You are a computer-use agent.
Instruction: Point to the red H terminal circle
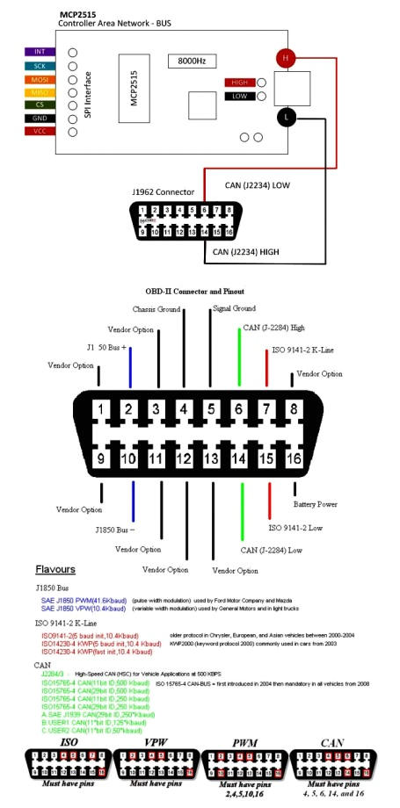click(x=286, y=58)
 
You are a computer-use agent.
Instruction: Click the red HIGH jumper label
click(x=236, y=83)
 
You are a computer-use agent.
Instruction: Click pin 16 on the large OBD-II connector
click(x=295, y=458)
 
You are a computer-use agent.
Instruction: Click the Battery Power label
click(x=316, y=504)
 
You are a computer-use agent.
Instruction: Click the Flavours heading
click(x=55, y=568)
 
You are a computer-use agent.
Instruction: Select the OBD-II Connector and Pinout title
click(x=194, y=290)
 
